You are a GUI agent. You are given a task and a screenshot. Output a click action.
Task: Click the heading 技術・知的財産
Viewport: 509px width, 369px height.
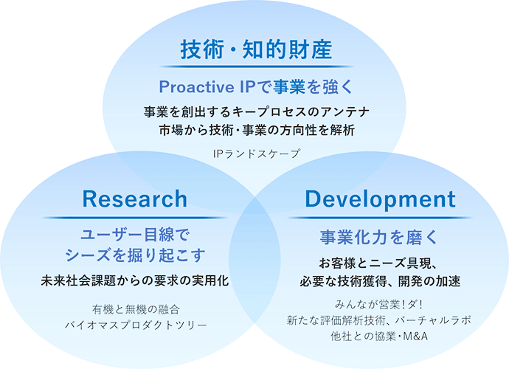[x=256, y=49]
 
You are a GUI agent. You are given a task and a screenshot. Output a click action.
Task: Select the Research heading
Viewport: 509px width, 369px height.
[x=135, y=199]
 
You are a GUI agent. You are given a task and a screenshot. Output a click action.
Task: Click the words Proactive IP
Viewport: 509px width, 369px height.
[x=201, y=87]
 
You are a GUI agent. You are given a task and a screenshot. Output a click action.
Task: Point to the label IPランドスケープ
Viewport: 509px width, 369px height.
[x=257, y=154]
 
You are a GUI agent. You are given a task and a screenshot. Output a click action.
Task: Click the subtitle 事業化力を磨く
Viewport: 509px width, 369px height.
[x=379, y=237]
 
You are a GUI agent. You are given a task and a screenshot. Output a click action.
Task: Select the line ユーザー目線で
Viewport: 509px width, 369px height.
[x=135, y=235]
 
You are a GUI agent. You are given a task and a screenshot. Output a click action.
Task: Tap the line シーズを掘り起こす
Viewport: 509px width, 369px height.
[x=135, y=255]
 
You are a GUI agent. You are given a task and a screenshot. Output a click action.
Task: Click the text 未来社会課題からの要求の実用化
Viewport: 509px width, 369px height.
[x=135, y=280]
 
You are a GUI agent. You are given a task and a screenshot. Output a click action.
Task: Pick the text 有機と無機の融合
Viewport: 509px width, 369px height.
[x=136, y=309]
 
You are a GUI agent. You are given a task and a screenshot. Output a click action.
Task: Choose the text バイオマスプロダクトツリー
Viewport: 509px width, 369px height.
[x=136, y=325]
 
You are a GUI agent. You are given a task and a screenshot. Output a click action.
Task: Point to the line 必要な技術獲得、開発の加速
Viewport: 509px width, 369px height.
[x=380, y=281]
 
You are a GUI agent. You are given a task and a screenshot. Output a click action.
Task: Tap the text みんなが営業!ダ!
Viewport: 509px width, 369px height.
[x=378, y=305]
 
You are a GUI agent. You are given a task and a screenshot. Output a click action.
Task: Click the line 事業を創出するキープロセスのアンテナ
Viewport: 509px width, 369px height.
[x=257, y=112]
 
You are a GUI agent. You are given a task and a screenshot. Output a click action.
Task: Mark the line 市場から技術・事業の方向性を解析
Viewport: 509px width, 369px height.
[x=257, y=130]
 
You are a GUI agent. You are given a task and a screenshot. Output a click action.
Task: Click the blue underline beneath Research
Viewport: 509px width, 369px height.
[x=135, y=218]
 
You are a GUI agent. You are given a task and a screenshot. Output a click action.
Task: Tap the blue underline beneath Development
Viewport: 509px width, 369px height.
[x=380, y=218]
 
